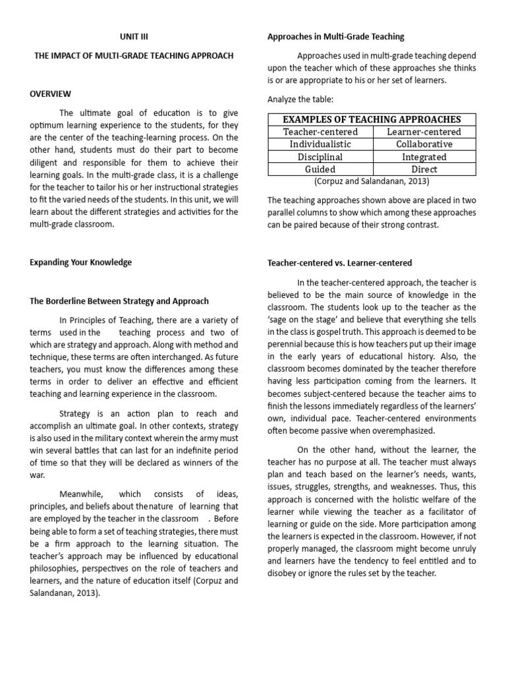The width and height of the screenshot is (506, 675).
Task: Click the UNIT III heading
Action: click(x=134, y=37)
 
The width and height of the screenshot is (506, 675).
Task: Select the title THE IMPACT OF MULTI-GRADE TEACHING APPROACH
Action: click(x=134, y=56)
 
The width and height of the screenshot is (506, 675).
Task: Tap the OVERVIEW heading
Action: click(x=50, y=94)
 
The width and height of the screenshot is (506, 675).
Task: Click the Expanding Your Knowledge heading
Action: click(x=80, y=262)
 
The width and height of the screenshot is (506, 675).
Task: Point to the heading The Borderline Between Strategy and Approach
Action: click(x=119, y=301)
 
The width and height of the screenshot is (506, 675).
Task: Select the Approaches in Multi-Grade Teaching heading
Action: click(x=336, y=37)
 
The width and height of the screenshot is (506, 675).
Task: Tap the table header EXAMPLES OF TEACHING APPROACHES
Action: click(x=372, y=119)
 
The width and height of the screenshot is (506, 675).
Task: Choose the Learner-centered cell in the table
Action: click(x=424, y=132)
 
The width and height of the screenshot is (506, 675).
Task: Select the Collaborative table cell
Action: click(x=424, y=144)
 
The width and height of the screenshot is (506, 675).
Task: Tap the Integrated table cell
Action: click(x=424, y=157)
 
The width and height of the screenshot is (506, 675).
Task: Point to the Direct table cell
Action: click(x=424, y=169)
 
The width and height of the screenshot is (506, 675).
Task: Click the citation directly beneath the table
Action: click(x=372, y=181)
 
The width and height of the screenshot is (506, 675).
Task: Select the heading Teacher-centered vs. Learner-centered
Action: click(x=339, y=262)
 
